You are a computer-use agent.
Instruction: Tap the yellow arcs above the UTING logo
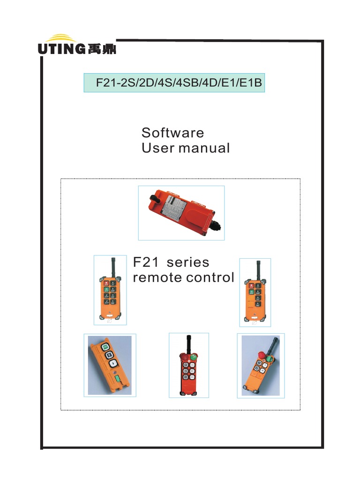tap(62, 38)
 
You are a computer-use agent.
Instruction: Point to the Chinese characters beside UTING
tap(102, 49)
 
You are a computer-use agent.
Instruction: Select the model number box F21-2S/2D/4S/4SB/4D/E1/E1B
tap(174, 83)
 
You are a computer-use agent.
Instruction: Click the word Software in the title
tap(172, 133)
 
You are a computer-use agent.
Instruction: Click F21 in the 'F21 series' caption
tap(145, 262)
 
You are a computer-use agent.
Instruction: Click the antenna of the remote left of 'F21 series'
tap(112, 267)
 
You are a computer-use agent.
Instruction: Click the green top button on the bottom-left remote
tap(105, 347)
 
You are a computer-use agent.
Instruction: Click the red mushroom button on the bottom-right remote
tap(261, 354)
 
